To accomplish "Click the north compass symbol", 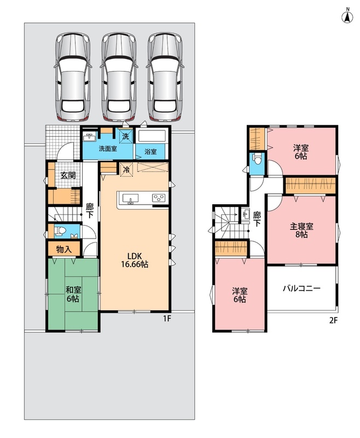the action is click(x=347, y=16).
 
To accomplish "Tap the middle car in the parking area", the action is click(x=119, y=77).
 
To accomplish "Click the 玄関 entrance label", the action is click(x=68, y=175).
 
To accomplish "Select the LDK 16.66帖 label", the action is click(x=135, y=260).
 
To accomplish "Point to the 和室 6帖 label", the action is click(x=73, y=294).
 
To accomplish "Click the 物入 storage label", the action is click(x=64, y=249).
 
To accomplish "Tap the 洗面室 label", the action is click(x=108, y=148).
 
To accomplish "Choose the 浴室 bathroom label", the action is click(x=150, y=152).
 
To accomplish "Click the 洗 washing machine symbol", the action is click(x=126, y=137).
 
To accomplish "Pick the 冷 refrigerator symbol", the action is click(x=126, y=170).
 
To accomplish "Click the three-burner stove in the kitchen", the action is click(x=159, y=198).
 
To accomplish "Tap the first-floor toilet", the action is click(x=60, y=231).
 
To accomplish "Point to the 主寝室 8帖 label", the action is click(x=301, y=230).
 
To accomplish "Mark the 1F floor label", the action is click(x=167, y=319).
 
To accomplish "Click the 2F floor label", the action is click(x=334, y=320).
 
